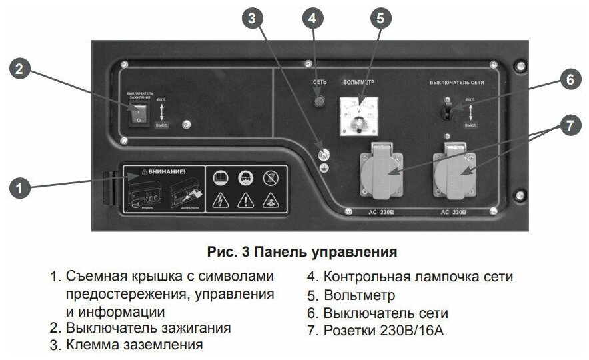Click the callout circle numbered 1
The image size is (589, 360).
coord(21,189)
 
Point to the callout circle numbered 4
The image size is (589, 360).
coord(312,18)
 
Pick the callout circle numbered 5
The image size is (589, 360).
coord(380,18)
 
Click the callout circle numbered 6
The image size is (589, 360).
coord(569,79)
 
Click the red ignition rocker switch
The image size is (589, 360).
coord(139,115)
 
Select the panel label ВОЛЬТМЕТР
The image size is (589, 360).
coord(358,82)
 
